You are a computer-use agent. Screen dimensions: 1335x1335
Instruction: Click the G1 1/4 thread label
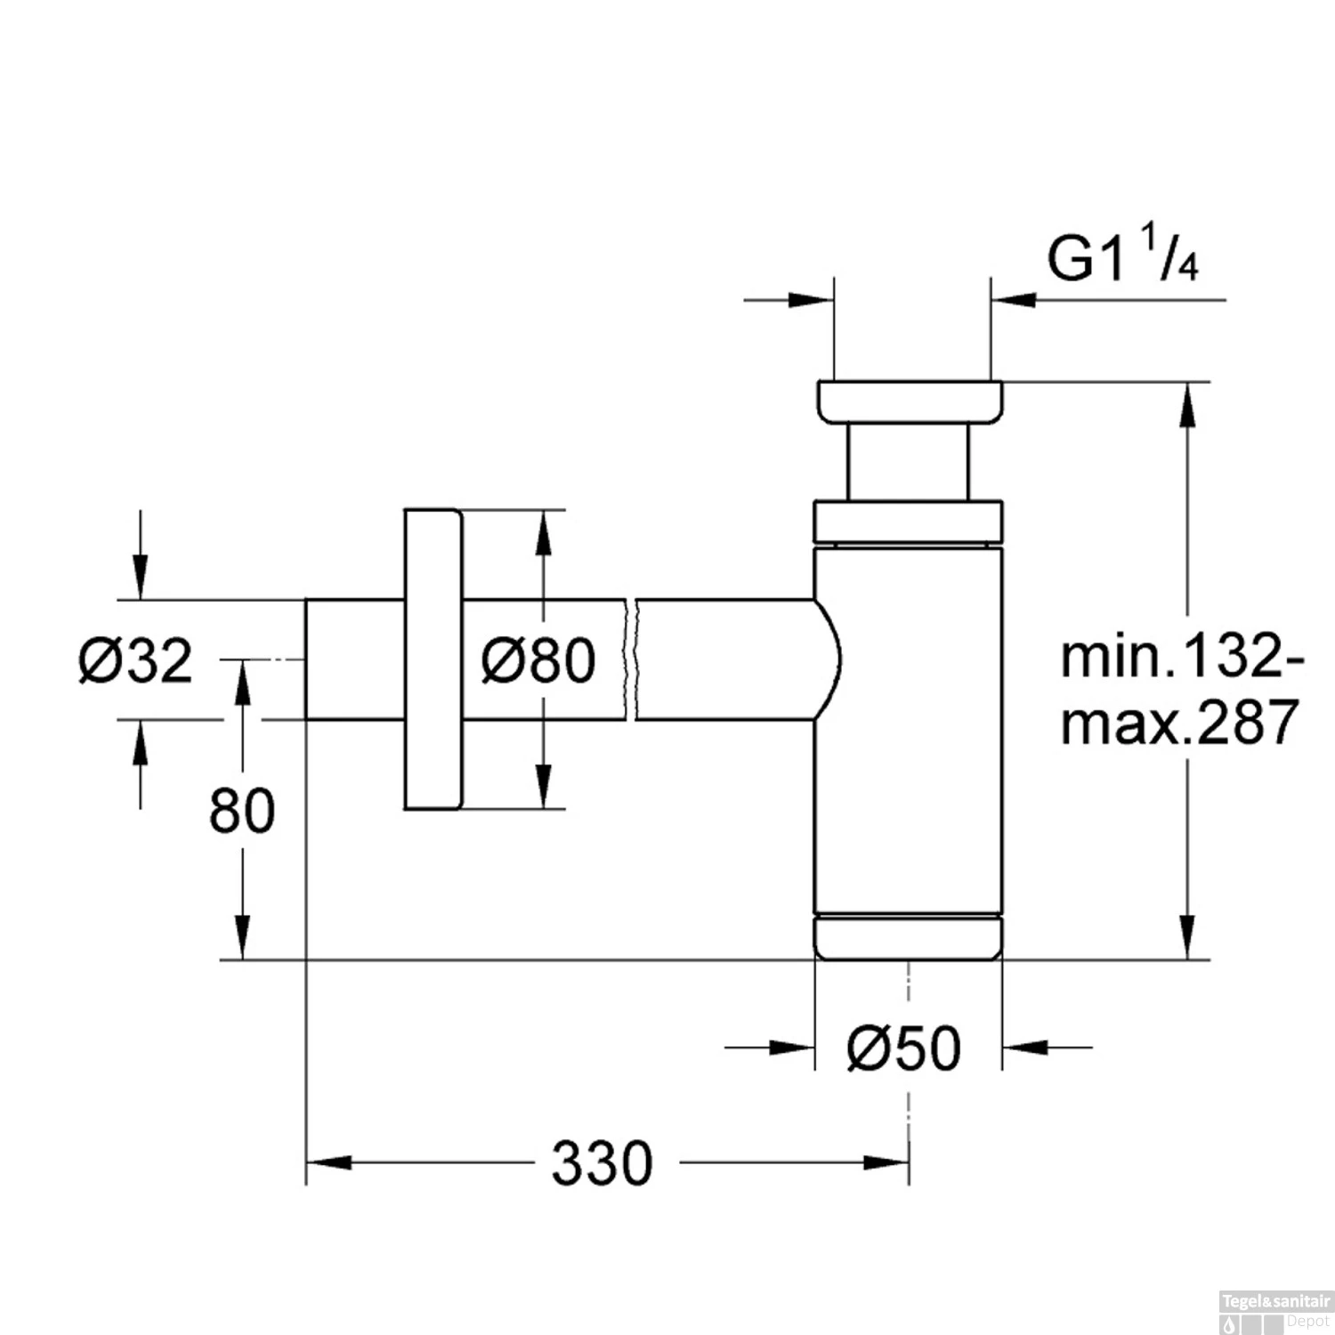click(x=1121, y=259)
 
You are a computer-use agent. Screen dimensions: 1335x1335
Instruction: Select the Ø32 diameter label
click(x=135, y=661)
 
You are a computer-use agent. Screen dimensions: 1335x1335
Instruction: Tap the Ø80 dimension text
click(x=538, y=661)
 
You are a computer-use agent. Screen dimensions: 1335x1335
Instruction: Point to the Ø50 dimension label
click(x=904, y=1048)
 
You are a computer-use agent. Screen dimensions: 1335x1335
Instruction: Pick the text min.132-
click(x=1182, y=658)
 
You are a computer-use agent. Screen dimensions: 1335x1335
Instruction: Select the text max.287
click(x=1180, y=722)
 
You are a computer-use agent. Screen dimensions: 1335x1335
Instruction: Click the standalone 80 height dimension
click(x=241, y=811)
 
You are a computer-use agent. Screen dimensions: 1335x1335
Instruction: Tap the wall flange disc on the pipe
click(x=433, y=659)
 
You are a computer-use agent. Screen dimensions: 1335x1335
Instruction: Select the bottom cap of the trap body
click(x=908, y=937)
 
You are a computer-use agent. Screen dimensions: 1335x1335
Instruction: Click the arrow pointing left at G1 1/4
click(x=1014, y=300)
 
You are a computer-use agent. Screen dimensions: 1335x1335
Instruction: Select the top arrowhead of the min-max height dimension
click(x=1186, y=405)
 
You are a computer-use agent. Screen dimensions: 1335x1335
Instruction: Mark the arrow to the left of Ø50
click(x=792, y=1048)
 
